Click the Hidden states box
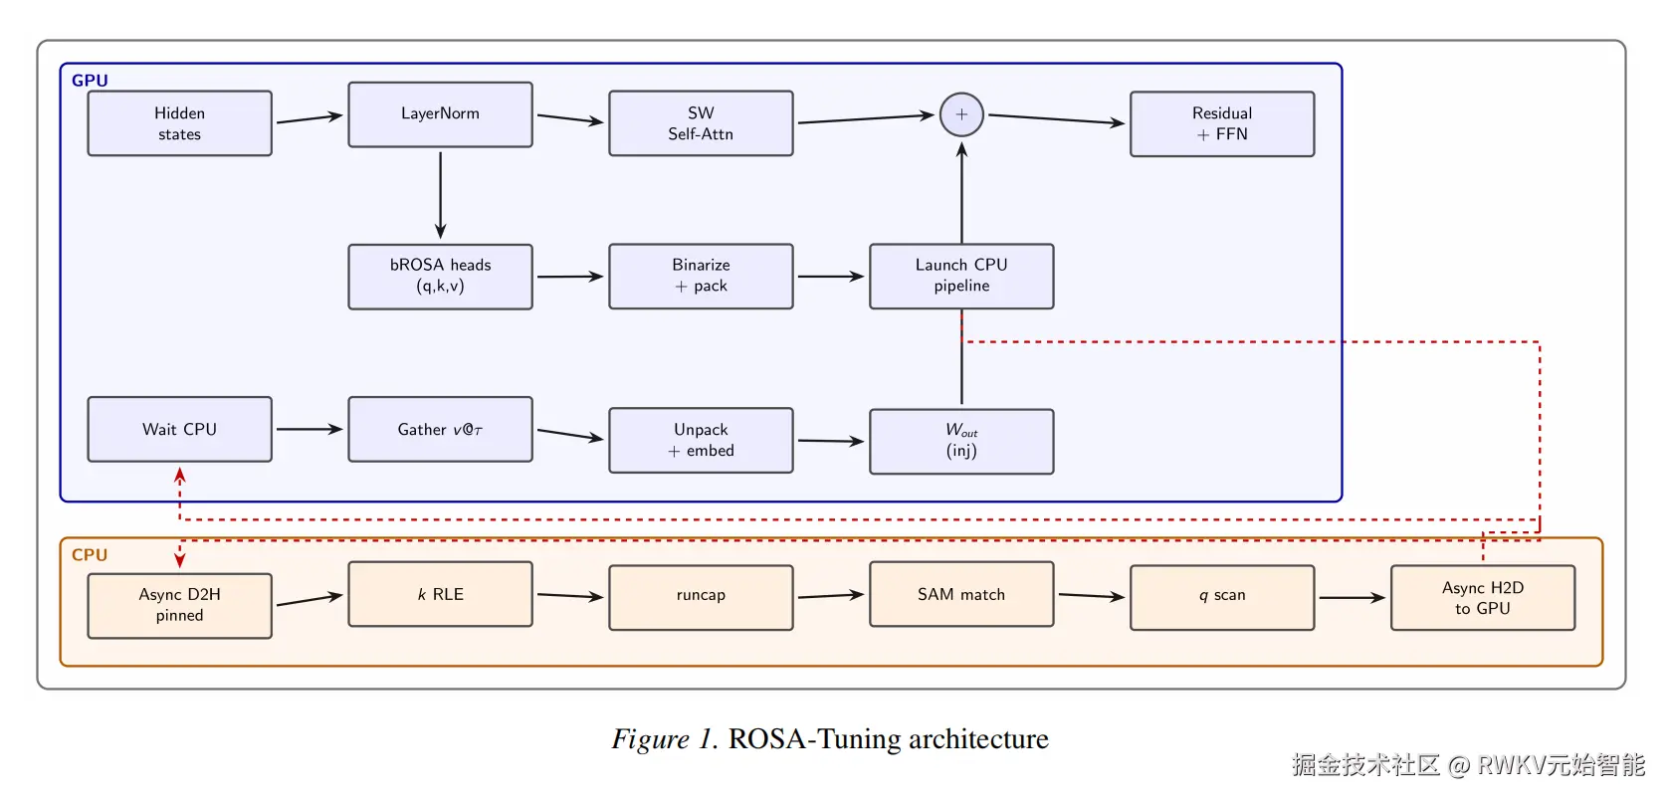click(x=179, y=123)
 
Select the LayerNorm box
click(x=440, y=114)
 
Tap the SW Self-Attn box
click(x=701, y=123)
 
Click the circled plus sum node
click(x=961, y=114)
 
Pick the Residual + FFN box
click(x=1222, y=123)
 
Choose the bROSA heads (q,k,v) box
click(x=440, y=276)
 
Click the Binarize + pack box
click(x=701, y=276)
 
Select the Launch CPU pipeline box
click(x=961, y=276)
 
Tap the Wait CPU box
click(x=179, y=429)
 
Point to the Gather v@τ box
click(x=440, y=429)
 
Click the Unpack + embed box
click(x=701, y=440)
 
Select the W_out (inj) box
click(x=961, y=441)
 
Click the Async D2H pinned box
click(x=179, y=605)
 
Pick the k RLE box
click(x=440, y=594)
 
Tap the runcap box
click(x=701, y=597)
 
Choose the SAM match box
click(x=961, y=594)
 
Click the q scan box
click(x=1222, y=597)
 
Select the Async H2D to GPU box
click(x=1483, y=597)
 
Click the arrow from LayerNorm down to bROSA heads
click(x=440, y=195)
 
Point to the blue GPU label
click(x=90, y=81)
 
